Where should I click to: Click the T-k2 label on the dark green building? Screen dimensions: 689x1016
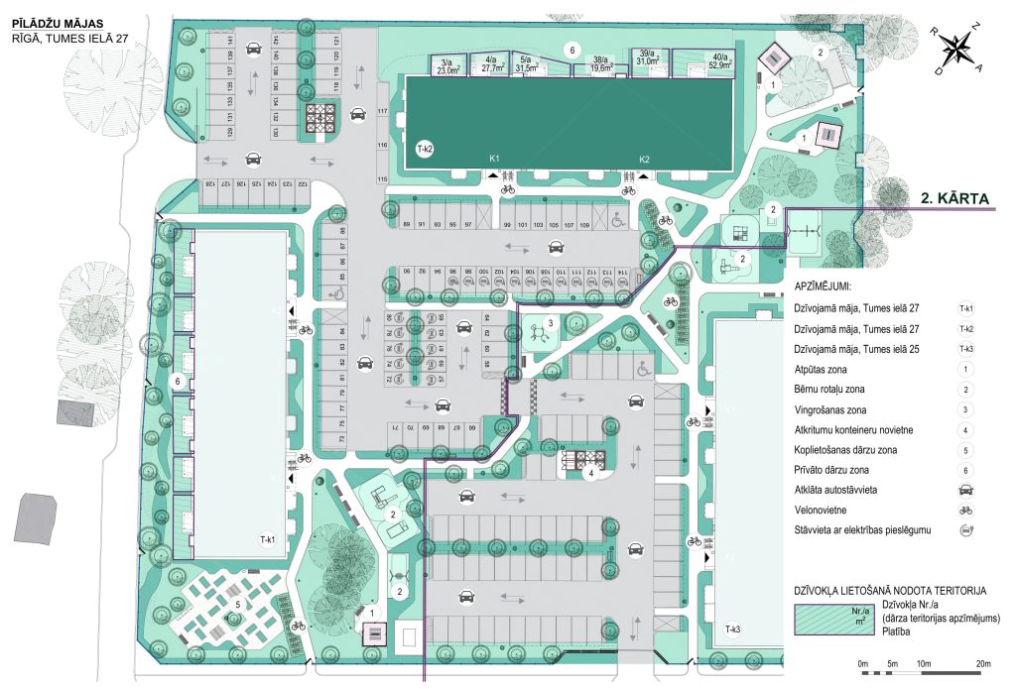pyautogui.click(x=424, y=148)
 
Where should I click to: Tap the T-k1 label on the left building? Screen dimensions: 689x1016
pyautogui.click(x=267, y=539)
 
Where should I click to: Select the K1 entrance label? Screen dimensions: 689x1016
pyautogui.click(x=493, y=159)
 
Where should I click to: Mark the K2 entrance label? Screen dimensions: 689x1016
pyautogui.click(x=643, y=159)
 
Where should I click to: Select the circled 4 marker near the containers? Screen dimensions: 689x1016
pyautogui.click(x=591, y=474)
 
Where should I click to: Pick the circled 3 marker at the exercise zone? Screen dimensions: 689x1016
pyautogui.click(x=550, y=321)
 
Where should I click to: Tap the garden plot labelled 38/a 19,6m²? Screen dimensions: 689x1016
pyautogui.click(x=600, y=65)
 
